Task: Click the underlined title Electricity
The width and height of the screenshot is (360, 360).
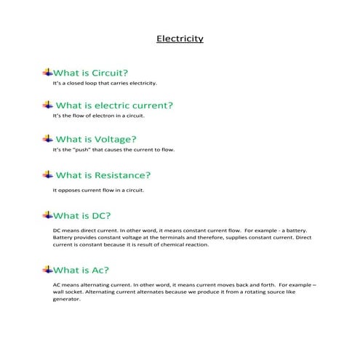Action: (180, 39)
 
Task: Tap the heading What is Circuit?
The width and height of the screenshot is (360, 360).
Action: (92, 73)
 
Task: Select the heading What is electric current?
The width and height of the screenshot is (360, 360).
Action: (114, 105)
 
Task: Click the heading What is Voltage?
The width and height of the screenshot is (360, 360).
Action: (96, 139)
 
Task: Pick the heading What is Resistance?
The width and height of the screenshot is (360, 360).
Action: (103, 175)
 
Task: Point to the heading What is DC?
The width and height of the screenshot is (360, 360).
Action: (81, 216)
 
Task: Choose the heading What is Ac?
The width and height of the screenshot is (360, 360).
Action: (81, 270)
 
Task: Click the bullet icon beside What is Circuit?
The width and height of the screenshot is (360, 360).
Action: (48, 72)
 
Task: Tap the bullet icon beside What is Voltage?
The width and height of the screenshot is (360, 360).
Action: (48, 138)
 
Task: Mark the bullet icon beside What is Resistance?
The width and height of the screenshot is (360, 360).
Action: (48, 175)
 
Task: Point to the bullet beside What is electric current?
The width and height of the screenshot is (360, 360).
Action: (48, 105)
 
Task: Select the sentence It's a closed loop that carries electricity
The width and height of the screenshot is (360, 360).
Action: (105, 83)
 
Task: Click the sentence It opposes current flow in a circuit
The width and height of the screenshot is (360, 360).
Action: (98, 191)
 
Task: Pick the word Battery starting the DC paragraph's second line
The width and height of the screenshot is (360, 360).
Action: (63, 237)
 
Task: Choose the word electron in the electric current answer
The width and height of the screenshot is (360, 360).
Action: (100, 116)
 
